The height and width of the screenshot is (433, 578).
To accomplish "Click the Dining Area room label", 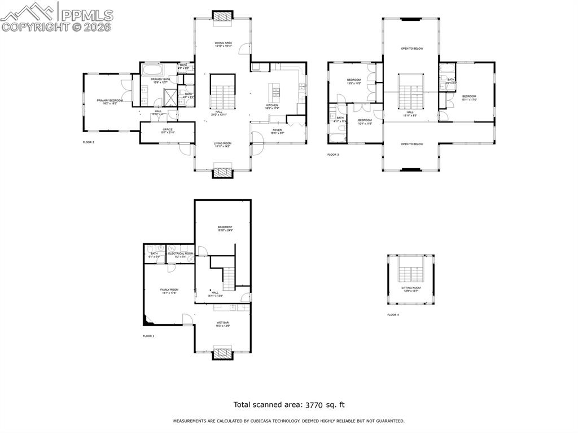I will pyautogui.click(x=224, y=43).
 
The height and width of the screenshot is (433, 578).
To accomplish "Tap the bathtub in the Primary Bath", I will pyautogui.click(x=152, y=71).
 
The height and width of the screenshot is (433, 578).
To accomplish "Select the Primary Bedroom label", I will pyautogui.click(x=109, y=100).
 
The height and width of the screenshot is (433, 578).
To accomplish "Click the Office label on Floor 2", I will pyautogui.click(x=168, y=130).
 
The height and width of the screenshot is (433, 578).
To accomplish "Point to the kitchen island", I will pyautogui.click(x=275, y=91).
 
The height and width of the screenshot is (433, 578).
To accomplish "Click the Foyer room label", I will pyautogui.click(x=277, y=130).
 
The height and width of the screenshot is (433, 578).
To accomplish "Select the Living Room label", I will pyautogui.click(x=222, y=143).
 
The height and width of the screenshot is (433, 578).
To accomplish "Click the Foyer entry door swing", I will pyautogui.click(x=257, y=138).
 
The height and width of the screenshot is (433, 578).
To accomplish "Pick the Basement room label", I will pyautogui.click(x=225, y=228).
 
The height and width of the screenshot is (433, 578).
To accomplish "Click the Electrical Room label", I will pyautogui.click(x=181, y=254).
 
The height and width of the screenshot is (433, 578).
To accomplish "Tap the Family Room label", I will pyautogui.click(x=169, y=290).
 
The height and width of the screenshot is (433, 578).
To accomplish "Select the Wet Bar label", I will pyautogui.click(x=222, y=323).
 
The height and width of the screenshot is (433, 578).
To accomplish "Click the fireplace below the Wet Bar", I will pyautogui.click(x=222, y=353).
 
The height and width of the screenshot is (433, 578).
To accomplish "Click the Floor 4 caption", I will pyautogui.click(x=393, y=314).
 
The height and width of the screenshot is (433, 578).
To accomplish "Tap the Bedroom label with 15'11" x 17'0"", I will pyautogui.click(x=468, y=97).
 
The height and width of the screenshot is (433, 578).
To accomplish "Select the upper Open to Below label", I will pyautogui.click(x=411, y=49).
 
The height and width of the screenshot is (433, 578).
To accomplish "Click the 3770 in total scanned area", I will pyautogui.click(x=318, y=405).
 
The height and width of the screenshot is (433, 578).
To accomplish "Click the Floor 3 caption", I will pyautogui.click(x=333, y=155).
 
